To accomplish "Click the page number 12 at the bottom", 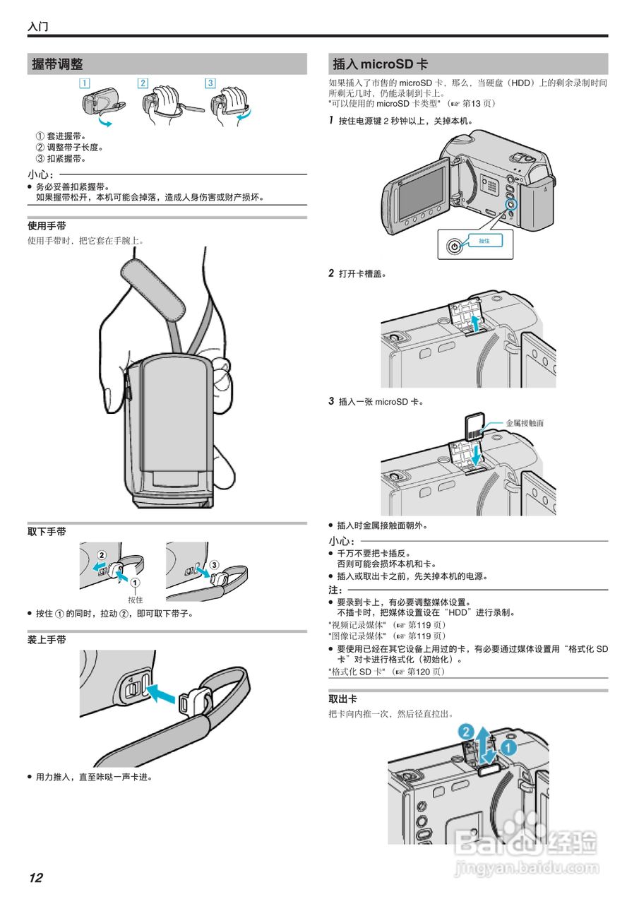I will [36, 878].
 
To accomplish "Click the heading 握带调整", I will [58, 64].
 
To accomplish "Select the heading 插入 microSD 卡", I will [380, 64].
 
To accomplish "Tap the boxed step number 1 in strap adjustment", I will [85, 83].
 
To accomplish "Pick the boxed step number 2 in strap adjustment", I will [143, 83].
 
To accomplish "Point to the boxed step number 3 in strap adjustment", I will [210, 83].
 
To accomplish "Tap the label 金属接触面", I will [525, 423].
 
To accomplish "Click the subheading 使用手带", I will [47, 226].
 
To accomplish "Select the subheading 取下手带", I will [47, 530].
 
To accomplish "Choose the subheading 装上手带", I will [47, 640].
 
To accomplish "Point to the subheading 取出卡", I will [343, 698].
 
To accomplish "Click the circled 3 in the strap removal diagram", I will [215, 564].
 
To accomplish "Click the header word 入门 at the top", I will [38, 28].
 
